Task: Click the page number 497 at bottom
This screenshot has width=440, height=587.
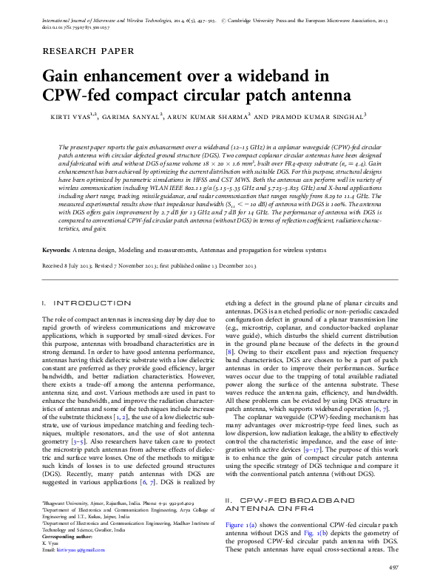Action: coord(393,566)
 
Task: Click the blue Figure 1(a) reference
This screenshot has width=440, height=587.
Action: coord(241,524)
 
